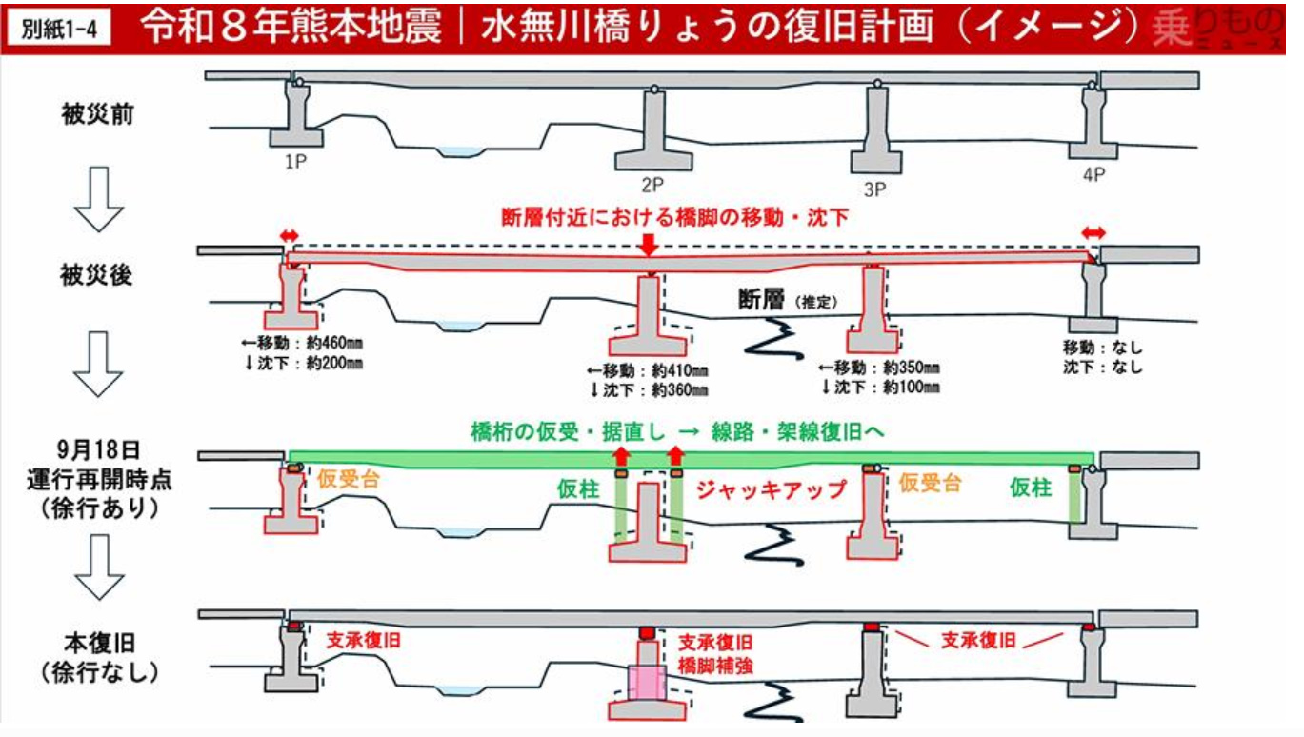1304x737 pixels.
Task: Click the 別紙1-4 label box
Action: pos(58,27)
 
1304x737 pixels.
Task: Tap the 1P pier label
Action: pos(295,161)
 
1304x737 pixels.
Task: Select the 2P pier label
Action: pos(652,185)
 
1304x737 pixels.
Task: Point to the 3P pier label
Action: pos(874,189)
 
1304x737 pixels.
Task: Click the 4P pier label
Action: pos(1093,174)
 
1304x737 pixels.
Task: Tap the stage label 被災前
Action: pos(98,114)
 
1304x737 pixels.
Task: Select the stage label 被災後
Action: pos(96,275)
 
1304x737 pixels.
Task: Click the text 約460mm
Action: pos(334,342)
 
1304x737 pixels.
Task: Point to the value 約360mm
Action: pos(679,389)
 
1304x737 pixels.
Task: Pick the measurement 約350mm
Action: pos(911,368)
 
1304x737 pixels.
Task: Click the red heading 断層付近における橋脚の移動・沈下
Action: pos(674,217)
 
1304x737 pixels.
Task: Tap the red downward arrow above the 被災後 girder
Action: pos(648,245)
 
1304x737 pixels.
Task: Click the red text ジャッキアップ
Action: pos(772,489)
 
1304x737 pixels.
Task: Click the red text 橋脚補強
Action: pos(715,666)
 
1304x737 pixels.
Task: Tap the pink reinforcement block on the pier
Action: pos(647,684)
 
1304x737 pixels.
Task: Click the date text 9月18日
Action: pos(99,450)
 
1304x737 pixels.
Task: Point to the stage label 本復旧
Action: pos(99,645)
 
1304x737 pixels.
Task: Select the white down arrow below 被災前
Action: pos(99,199)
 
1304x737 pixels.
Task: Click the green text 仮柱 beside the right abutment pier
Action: pos(1031,487)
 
